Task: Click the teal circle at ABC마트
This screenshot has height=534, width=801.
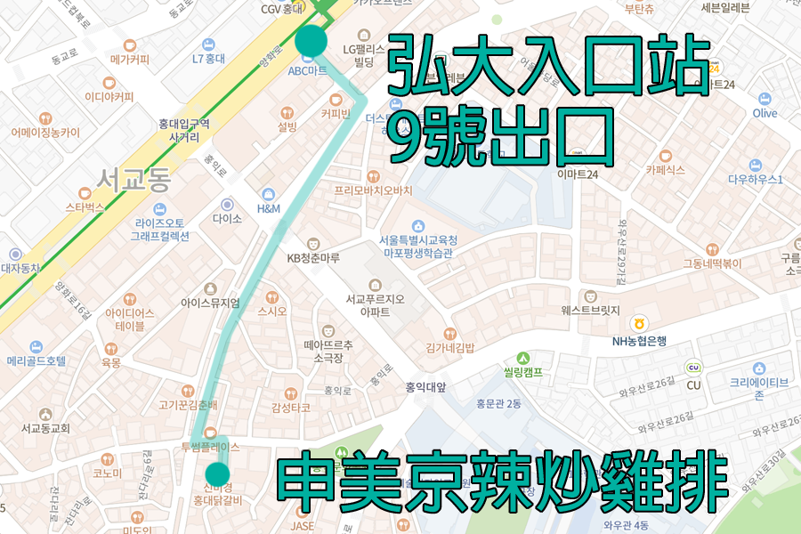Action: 311,41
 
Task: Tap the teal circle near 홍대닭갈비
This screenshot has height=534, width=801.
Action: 217,474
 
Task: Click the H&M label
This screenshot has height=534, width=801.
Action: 268,208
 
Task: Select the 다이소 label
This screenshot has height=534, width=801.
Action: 228,217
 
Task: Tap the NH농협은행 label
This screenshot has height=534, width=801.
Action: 639,340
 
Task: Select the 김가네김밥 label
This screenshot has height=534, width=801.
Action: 449,347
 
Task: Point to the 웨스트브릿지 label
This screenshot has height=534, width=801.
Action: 590,311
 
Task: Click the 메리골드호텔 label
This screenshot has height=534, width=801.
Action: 36,361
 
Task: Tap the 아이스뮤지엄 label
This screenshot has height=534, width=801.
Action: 210,303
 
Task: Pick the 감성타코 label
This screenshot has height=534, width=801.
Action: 290,408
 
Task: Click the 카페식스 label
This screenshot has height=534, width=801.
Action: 665,168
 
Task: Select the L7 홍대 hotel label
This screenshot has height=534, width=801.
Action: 208,59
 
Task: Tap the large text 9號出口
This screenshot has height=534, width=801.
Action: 502,137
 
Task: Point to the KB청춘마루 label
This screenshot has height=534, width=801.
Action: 313,258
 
